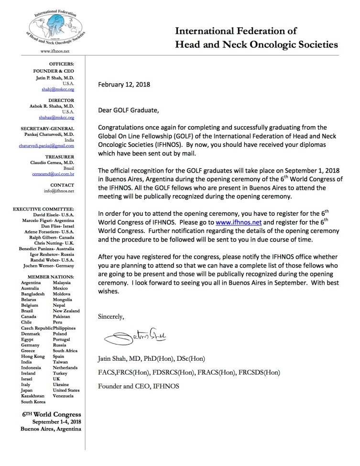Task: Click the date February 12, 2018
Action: pos(124,85)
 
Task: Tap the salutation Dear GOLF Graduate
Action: pos(128,111)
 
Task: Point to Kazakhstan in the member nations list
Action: pos(33,396)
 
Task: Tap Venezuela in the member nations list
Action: pos(63,396)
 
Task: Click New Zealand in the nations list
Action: pos(66,311)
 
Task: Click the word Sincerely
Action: pos(111,316)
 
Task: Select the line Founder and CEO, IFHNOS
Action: pos(138,386)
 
